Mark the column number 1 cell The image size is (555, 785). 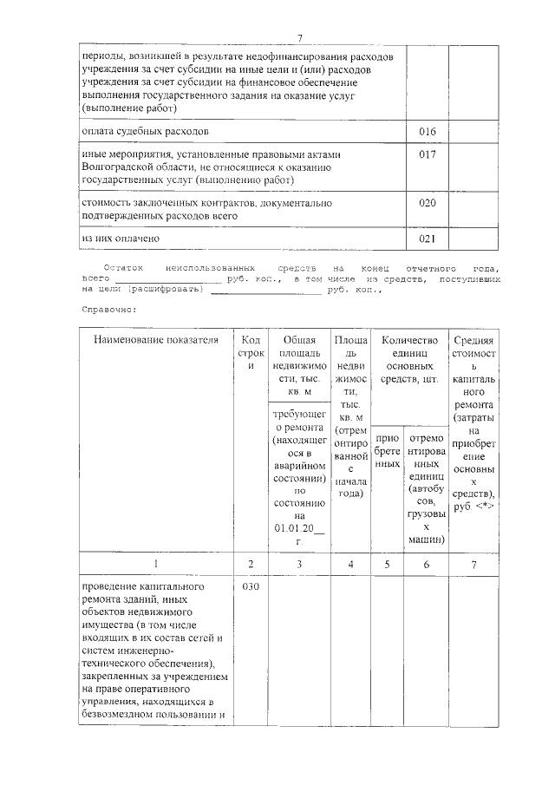157,565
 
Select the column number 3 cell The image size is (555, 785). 298,565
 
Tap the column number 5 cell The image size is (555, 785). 387,565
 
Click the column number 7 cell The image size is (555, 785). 473,565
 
